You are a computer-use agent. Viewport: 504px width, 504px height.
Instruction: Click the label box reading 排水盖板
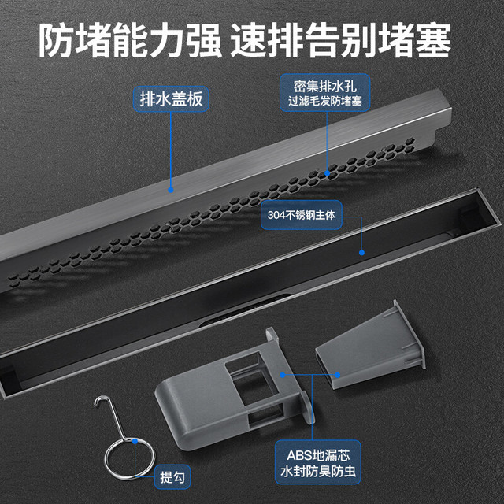171,99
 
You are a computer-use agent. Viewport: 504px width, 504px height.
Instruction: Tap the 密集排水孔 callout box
325,93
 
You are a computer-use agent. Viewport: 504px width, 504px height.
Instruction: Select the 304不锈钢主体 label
301,215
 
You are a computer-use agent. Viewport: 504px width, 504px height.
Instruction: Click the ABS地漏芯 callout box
318,462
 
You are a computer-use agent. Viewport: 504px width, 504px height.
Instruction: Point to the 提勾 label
172,477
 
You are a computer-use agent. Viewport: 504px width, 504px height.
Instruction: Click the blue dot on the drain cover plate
171,190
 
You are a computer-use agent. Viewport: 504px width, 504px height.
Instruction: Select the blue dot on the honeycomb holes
328,173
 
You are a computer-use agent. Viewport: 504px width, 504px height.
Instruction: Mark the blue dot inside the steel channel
361,253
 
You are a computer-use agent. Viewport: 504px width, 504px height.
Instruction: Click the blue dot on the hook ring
135,441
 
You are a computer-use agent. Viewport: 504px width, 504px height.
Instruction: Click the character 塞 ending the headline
433,40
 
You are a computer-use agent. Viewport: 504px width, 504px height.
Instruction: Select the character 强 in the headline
204,40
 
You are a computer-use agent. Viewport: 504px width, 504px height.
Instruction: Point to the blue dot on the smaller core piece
338,375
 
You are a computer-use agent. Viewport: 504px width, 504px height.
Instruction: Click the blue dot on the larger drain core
283,375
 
